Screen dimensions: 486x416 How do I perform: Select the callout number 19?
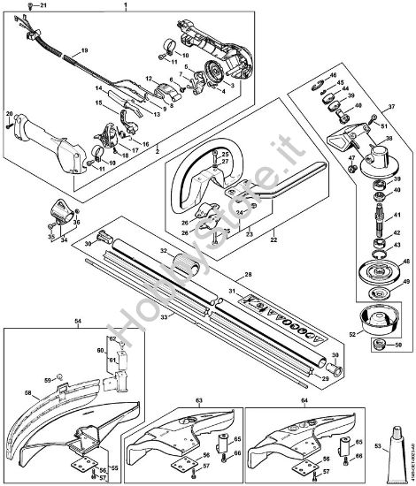point(84,50)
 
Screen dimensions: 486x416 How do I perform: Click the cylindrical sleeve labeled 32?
point(182,265)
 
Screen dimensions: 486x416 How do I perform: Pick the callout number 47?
point(351,159)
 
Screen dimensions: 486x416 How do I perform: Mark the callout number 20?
point(9,115)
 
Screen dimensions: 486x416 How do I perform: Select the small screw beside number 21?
point(29,7)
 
